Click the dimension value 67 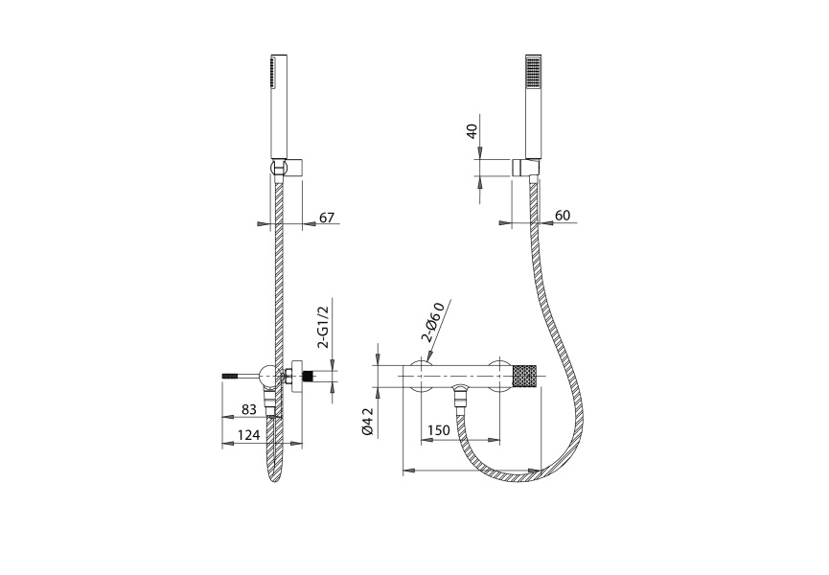click(x=327, y=218)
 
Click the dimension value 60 click(x=563, y=215)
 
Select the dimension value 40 click(x=472, y=130)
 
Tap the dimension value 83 click(x=248, y=409)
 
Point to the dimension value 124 click(x=248, y=434)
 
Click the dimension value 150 click(x=438, y=430)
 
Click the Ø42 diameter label click(x=368, y=422)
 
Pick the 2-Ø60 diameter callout click(x=432, y=323)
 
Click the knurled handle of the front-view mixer click(x=525, y=376)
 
